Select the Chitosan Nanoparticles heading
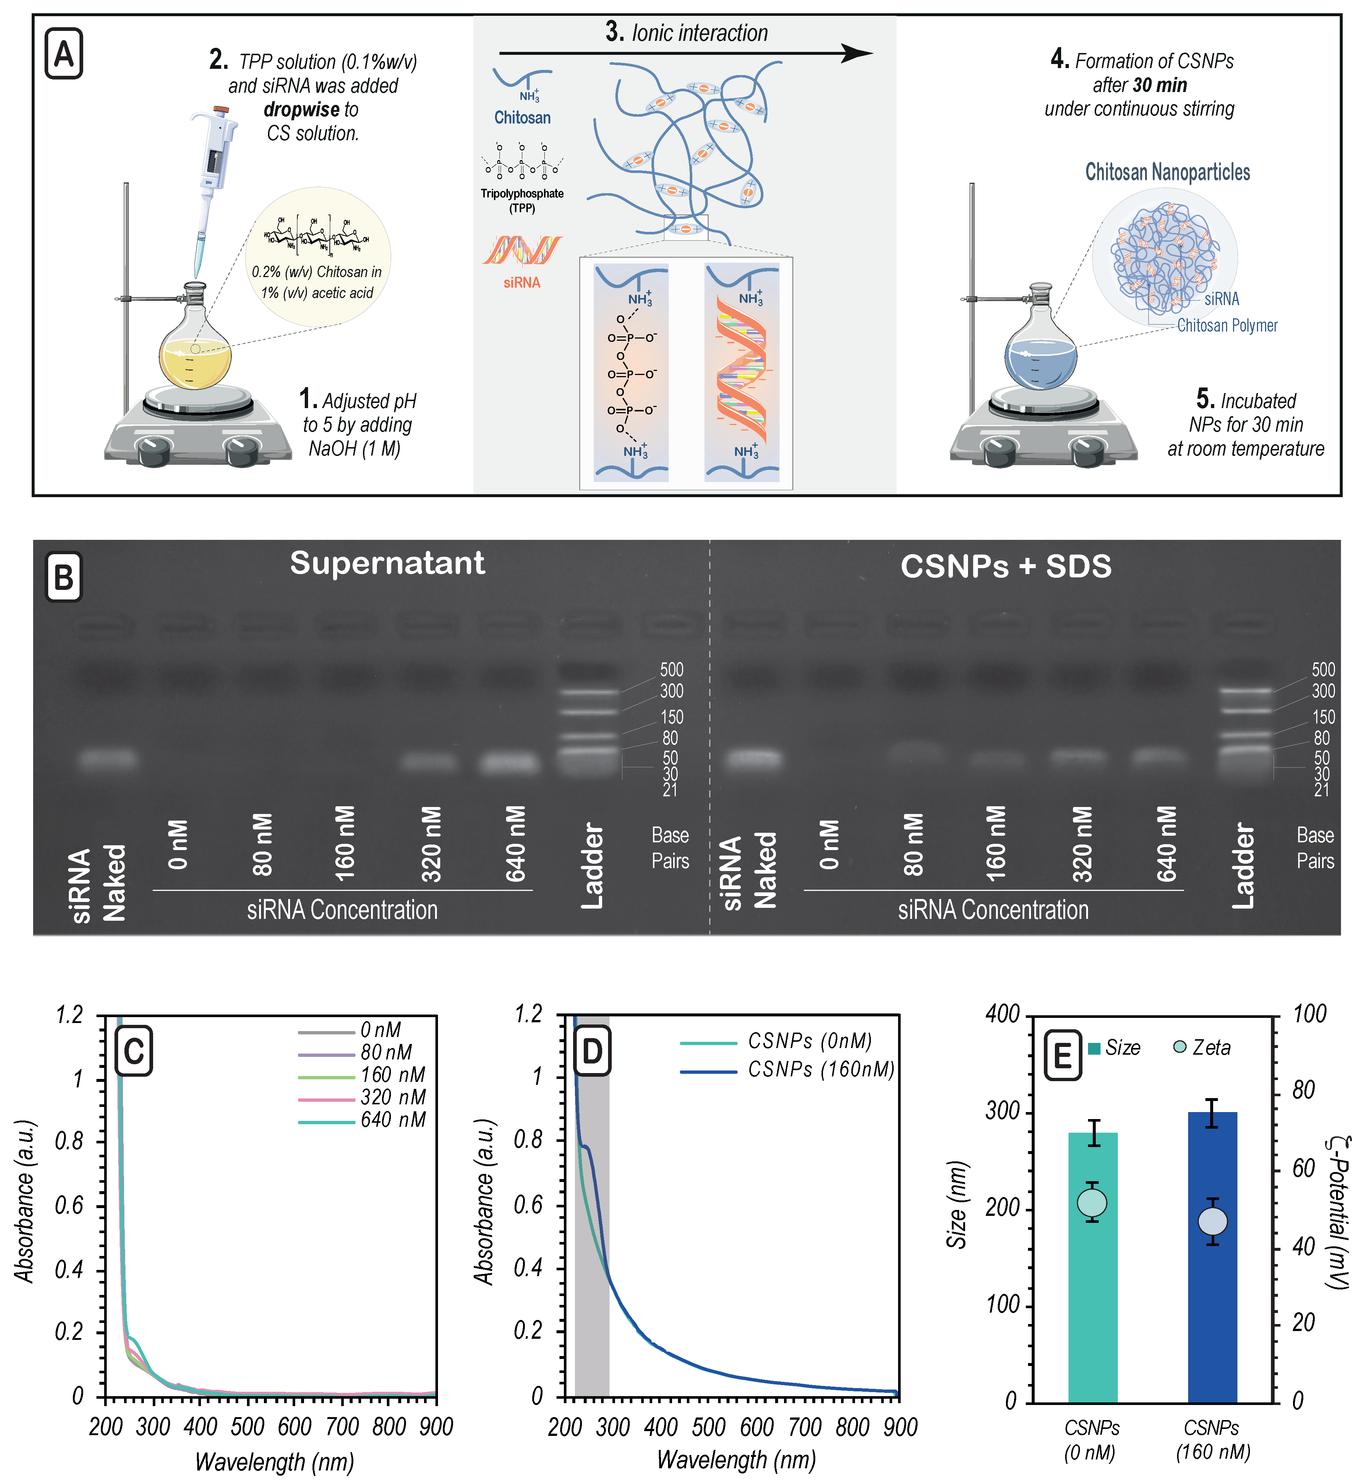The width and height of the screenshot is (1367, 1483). tap(1167, 172)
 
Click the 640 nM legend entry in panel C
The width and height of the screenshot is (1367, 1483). tap(392, 1120)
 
